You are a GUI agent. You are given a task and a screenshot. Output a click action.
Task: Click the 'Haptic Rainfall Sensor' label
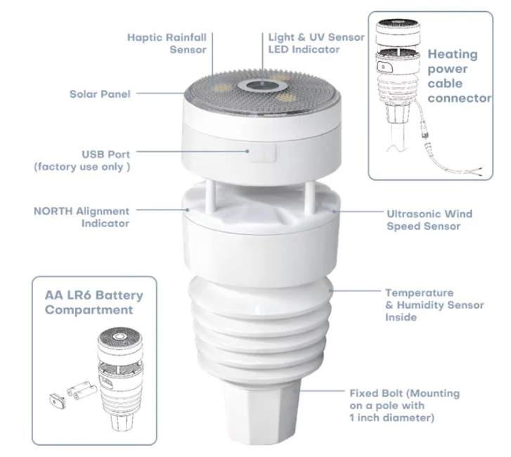coord(167,44)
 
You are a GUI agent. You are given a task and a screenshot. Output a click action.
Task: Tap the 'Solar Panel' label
coord(100,94)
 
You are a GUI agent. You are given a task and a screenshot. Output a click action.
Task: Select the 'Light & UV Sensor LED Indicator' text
coord(316,43)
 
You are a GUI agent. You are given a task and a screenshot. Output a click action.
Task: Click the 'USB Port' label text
coord(105,154)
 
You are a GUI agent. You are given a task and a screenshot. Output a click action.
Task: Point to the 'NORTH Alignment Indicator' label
coord(82,217)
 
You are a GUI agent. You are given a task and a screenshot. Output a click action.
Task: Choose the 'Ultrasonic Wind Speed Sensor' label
coord(429,219)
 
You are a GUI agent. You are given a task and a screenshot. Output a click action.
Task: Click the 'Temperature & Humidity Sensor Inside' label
coord(434,304)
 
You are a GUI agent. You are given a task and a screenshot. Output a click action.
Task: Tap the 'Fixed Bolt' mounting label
coord(404,405)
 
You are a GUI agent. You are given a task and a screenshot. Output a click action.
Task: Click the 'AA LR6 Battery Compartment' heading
coord(94,302)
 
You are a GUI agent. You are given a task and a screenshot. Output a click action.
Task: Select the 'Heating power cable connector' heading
coord(460,76)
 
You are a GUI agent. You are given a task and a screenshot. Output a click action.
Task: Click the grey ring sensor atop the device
coord(262,86)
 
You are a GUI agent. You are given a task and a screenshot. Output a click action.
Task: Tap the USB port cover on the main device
coord(263,153)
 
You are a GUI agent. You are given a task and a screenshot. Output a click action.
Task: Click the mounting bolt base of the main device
coord(260,411)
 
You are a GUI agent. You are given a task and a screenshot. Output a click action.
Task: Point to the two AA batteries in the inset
coord(82,390)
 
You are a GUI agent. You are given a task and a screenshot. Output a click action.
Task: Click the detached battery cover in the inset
coord(58,401)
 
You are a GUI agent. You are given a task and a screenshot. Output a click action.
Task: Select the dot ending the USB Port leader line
coord(247,151)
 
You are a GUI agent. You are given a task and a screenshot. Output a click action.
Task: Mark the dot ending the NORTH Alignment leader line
coord(188,210)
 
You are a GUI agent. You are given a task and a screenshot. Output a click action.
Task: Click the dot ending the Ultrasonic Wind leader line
coord(334,211)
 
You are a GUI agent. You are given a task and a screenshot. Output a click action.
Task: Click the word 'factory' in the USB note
coord(59,167)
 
